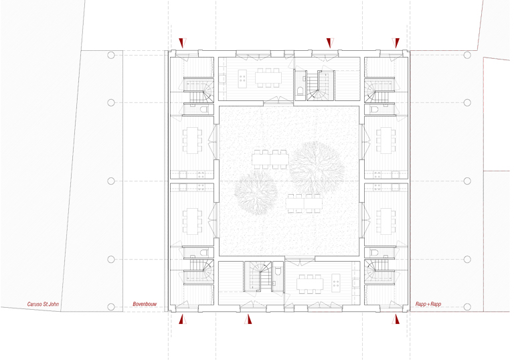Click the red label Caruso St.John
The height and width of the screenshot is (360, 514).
pos(43,304)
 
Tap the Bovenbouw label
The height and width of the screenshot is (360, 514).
pos(145,304)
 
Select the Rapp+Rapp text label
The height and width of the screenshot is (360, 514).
pos(428,304)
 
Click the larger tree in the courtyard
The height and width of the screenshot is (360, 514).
pos(317,168)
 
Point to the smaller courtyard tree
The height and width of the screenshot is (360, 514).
pos(256,193)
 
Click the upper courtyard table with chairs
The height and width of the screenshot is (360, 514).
pos(270,160)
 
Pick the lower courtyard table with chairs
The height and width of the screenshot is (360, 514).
pos(304,203)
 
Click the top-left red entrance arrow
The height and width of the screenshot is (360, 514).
pos(182,43)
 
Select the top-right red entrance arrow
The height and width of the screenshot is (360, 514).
pos(396,43)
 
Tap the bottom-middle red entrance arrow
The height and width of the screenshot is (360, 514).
pos(248,319)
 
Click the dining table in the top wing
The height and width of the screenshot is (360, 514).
pos(268,78)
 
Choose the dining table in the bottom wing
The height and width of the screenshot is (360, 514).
pos(310,284)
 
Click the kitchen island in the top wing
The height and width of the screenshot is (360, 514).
pos(242,79)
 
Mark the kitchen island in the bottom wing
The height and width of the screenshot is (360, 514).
pos(336,282)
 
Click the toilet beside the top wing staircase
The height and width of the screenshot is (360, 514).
pos(300,91)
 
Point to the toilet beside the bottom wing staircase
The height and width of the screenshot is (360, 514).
pos(278,270)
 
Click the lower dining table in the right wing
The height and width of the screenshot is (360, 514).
pos(386,221)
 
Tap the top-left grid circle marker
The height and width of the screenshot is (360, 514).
pos(111,55)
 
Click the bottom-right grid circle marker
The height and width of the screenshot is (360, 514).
pos(467,307)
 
